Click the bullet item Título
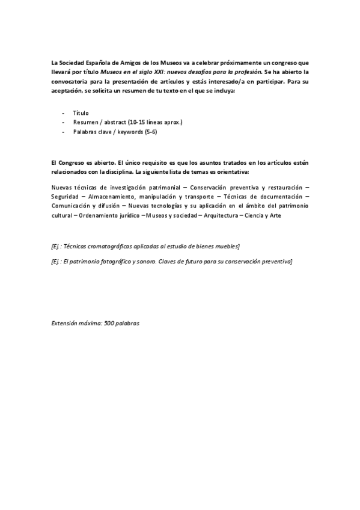[81, 112]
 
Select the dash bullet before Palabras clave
[63, 132]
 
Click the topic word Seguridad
[67, 196]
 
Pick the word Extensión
[66, 323]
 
